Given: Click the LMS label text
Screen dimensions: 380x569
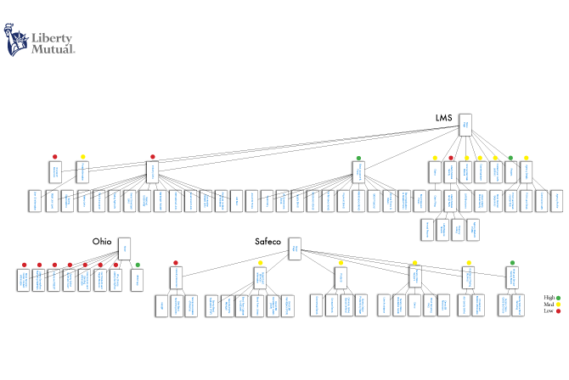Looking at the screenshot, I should pos(443,118).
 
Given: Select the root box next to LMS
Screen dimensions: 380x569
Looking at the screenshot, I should pos(465,125).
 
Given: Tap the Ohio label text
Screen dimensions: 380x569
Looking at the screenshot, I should pos(102,242).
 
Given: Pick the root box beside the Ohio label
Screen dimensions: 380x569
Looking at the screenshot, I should pos(124,248).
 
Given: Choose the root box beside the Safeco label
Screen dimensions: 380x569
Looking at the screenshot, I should pos(295,248).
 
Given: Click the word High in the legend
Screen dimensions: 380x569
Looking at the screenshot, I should pos(549,298).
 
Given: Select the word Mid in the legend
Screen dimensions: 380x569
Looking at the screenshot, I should pos(548,305).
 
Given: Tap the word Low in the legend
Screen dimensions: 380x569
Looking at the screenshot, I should pos(548,311).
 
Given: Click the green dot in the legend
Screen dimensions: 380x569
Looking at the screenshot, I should pos(558,298).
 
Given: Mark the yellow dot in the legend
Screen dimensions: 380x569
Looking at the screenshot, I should pos(558,305).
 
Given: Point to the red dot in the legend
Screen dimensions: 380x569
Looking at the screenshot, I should pos(558,311).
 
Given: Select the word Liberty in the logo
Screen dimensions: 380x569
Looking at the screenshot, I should pos(52,38).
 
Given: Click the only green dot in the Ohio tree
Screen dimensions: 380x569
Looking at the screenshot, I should pos(138,265).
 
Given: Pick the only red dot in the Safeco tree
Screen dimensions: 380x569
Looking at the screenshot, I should pos(175,263).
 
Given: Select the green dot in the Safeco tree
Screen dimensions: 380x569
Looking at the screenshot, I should pos(512,263).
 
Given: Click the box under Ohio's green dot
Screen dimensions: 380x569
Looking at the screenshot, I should pos(138,279).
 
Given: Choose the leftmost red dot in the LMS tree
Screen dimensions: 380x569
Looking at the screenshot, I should pos(54,157).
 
